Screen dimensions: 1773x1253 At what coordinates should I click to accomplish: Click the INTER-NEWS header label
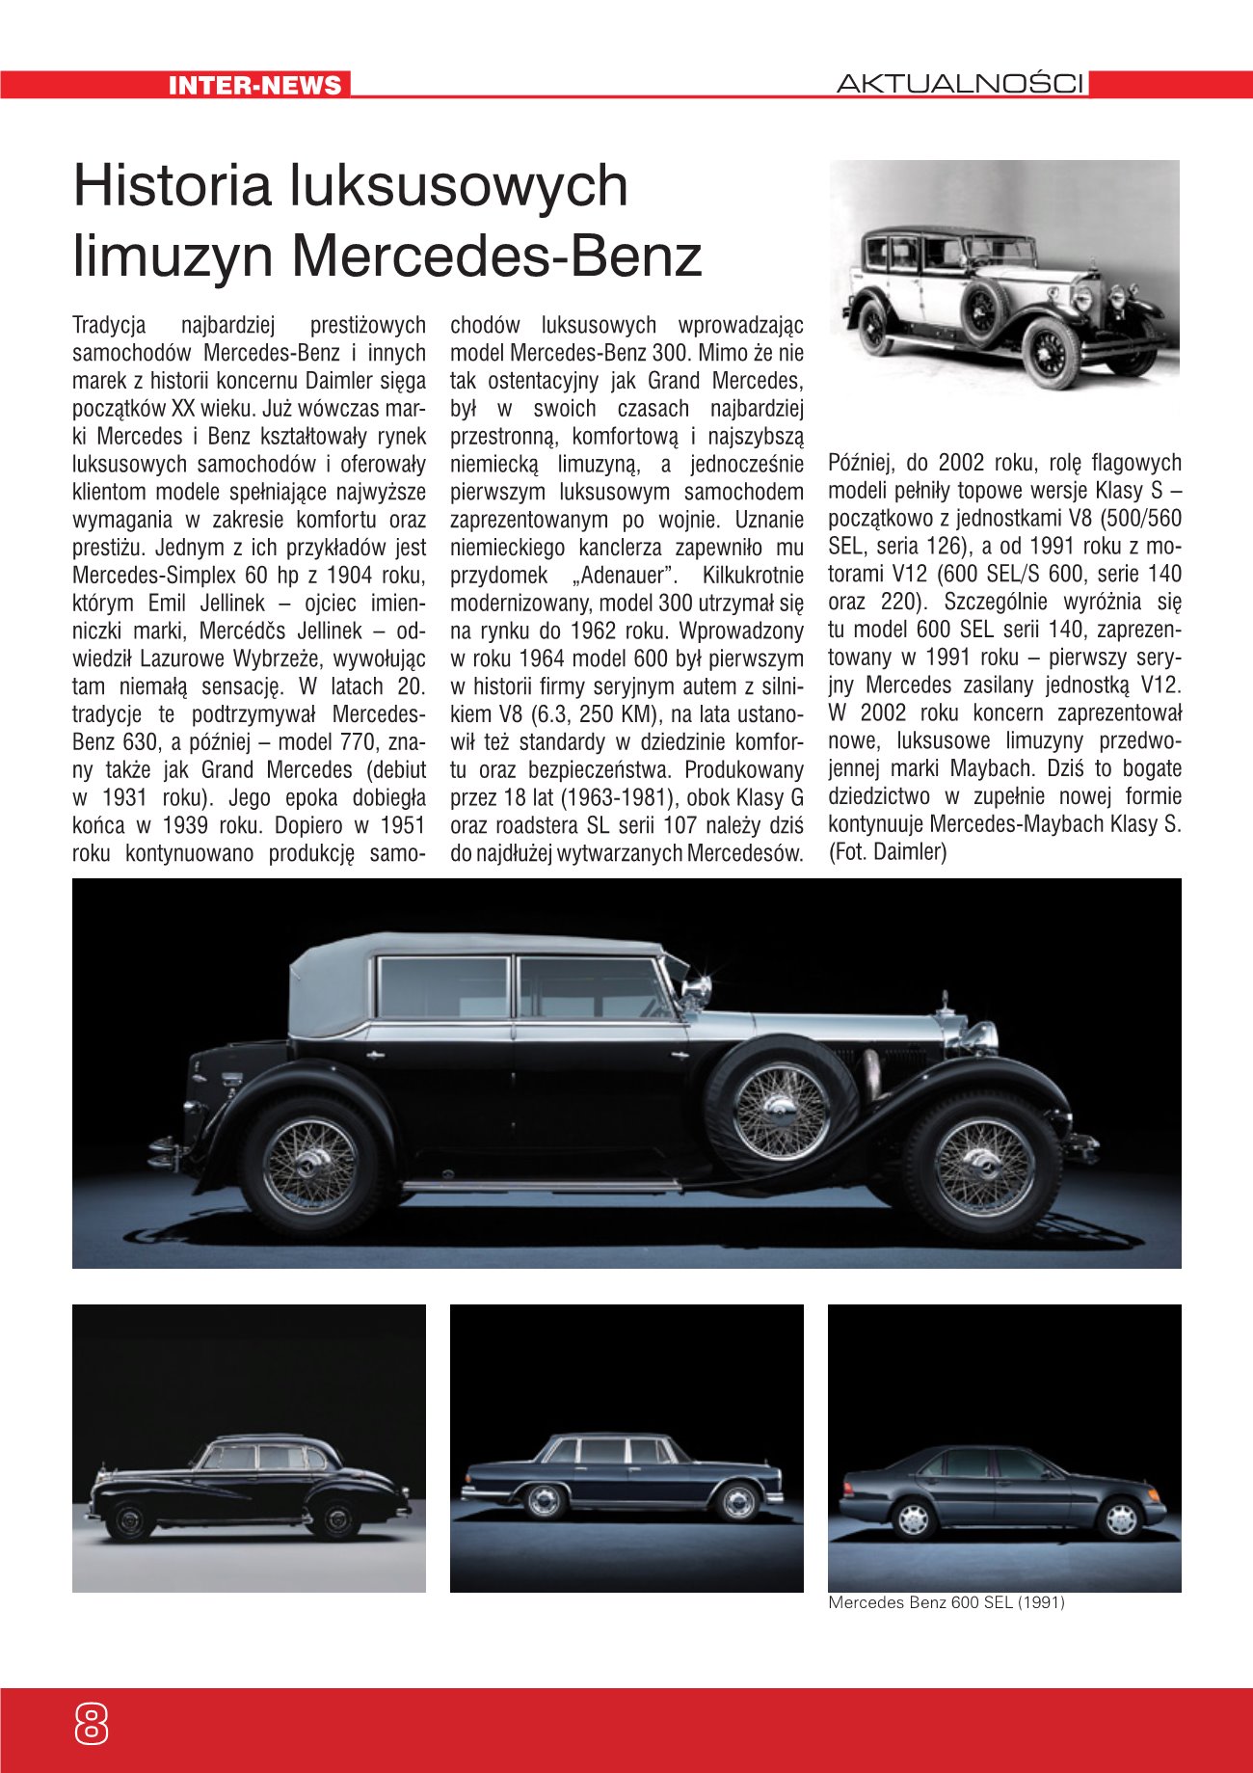click(254, 85)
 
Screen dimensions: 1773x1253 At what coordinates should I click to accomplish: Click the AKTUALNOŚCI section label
click(961, 84)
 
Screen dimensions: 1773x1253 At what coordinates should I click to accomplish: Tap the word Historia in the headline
click(172, 185)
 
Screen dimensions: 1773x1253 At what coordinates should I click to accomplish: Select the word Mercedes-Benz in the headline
click(496, 256)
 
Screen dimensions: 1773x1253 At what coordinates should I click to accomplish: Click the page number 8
click(91, 1722)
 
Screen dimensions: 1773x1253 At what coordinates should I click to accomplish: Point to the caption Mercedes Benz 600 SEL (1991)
click(946, 1603)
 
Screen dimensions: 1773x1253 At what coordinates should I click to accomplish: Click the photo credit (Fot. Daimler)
click(888, 852)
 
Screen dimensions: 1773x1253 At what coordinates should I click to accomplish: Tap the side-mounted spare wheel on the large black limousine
click(781, 1110)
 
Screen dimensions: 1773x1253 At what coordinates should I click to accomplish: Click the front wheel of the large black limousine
click(983, 1166)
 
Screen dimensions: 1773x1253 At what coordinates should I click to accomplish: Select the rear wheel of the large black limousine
click(311, 1167)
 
